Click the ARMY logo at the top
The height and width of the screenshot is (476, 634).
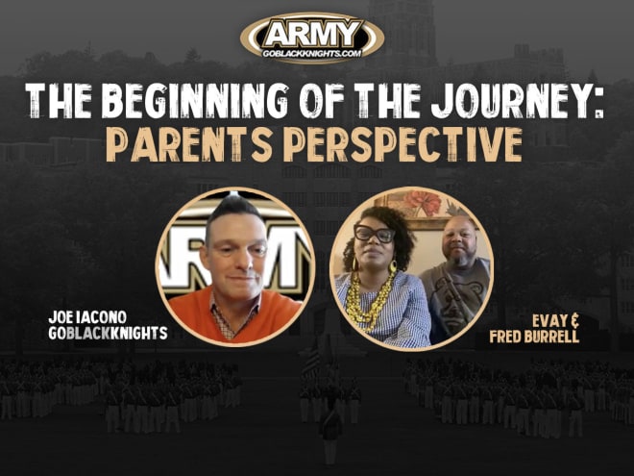(x=312, y=38)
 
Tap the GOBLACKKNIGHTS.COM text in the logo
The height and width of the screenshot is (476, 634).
(x=312, y=54)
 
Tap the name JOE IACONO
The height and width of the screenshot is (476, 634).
(x=87, y=317)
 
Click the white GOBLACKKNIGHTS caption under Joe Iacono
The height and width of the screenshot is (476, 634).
(x=108, y=333)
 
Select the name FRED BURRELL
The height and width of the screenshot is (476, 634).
(x=534, y=337)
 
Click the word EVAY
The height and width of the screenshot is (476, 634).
(x=549, y=321)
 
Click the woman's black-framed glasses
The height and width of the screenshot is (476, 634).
(x=374, y=234)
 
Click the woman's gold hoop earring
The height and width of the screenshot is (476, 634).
(x=392, y=266)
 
